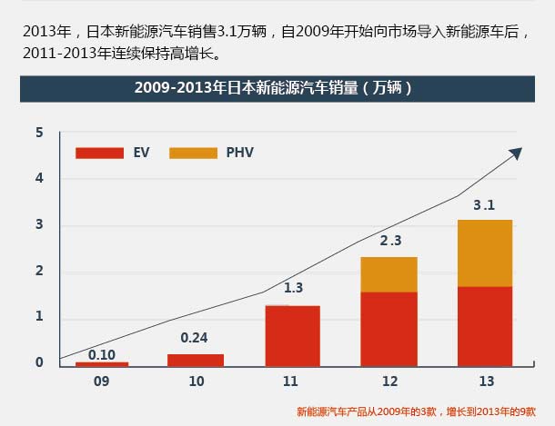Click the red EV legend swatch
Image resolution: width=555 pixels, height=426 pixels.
99,153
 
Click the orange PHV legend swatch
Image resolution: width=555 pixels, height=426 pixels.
193,153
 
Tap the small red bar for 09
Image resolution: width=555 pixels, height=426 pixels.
102,363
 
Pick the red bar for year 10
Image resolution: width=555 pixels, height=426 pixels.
196,360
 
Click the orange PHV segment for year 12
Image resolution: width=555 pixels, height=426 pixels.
389,274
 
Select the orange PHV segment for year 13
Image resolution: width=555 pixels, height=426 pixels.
485,253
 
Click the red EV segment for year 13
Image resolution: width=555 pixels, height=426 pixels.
485,326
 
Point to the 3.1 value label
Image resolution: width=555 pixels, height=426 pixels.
484,205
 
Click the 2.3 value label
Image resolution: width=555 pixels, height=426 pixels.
390,242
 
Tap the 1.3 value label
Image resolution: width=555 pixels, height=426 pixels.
293,288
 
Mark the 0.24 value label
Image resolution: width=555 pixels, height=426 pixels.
195,338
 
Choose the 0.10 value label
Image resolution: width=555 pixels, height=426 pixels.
102,354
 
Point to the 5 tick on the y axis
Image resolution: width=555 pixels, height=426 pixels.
39,133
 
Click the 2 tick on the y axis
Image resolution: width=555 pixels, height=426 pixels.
39,272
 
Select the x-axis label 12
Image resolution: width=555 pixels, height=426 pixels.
389,382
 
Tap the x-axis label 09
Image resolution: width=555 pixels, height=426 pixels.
102,382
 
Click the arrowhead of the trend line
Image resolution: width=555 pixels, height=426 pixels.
517,151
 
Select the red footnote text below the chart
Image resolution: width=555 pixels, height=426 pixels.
417,411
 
